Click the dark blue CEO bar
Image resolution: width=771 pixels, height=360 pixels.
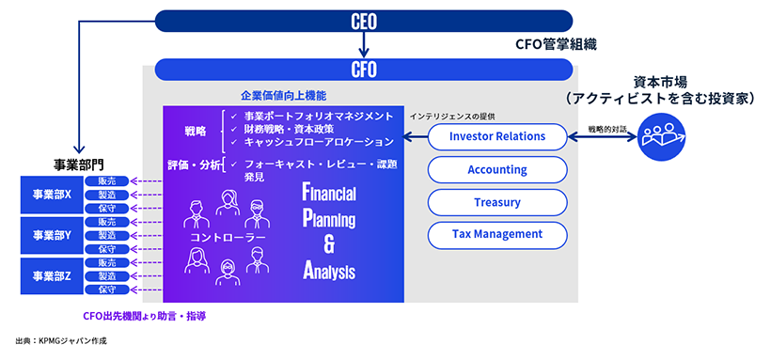click(x=363, y=20)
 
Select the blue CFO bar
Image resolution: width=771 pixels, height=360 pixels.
click(x=363, y=69)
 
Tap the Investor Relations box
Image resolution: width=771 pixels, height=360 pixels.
click(x=497, y=137)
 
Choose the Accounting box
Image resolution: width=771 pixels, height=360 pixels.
click(x=497, y=169)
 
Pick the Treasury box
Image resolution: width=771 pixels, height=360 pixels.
click(x=497, y=201)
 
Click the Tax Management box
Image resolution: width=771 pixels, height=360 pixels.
click(x=497, y=234)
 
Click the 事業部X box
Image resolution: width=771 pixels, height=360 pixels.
click(x=53, y=195)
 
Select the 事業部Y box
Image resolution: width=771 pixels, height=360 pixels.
click(x=53, y=235)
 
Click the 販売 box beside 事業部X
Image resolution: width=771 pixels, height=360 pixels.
click(x=106, y=181)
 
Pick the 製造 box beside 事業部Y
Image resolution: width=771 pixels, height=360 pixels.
click(x=106, y=236)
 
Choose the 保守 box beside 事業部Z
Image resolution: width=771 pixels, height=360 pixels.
click(x=106, y=290)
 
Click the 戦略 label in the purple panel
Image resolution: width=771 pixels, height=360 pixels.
click(x=194, y=130)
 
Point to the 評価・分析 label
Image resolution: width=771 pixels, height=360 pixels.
click(x=195, y=165)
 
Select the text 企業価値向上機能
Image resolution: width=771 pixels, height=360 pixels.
click(x=282, y=96)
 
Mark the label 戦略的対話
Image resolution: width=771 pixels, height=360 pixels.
click(x=608, y=125)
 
